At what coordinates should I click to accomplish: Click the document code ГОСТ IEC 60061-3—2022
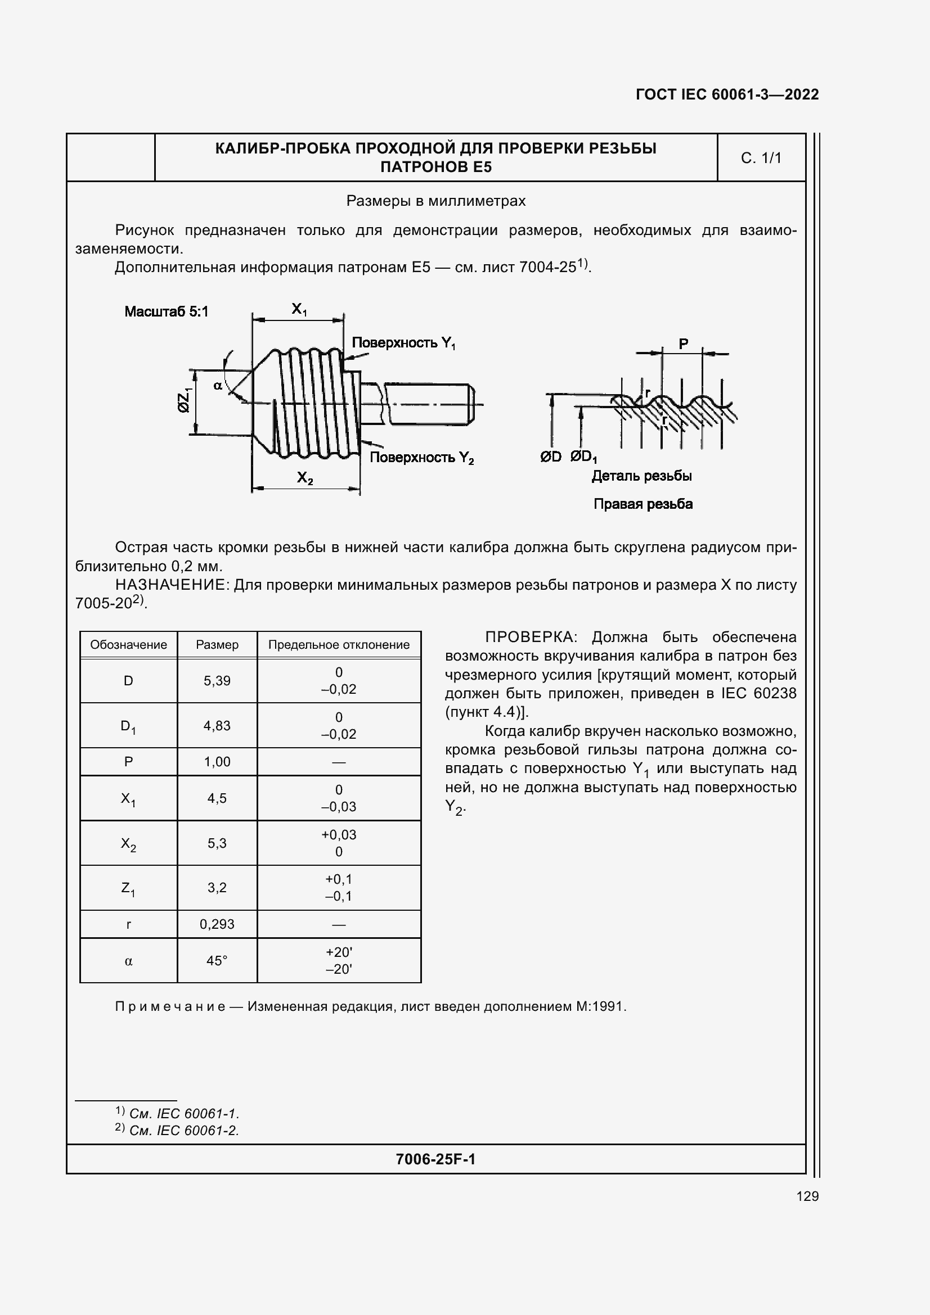726,94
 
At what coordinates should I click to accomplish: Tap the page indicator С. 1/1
761,158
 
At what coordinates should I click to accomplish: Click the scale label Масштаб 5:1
166,311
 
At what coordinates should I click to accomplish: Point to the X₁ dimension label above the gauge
299,309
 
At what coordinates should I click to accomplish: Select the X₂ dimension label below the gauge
305,477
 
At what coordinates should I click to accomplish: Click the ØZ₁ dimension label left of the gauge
184,400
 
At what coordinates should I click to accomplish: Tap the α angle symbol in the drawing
218,386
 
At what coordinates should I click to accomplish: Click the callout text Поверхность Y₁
403,343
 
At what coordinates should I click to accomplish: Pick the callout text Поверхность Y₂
421,457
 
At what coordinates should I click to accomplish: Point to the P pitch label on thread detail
683,344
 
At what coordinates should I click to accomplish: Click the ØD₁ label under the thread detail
583,457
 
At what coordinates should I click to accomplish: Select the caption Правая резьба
643,504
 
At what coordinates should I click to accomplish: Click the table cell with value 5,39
217,680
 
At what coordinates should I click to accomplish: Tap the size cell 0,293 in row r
217,924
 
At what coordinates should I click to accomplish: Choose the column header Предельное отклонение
339,644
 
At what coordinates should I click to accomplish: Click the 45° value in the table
217,960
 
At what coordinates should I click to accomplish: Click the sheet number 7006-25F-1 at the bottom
435,1159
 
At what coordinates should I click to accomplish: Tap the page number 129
807,1196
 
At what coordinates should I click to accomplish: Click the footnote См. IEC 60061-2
183,1130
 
